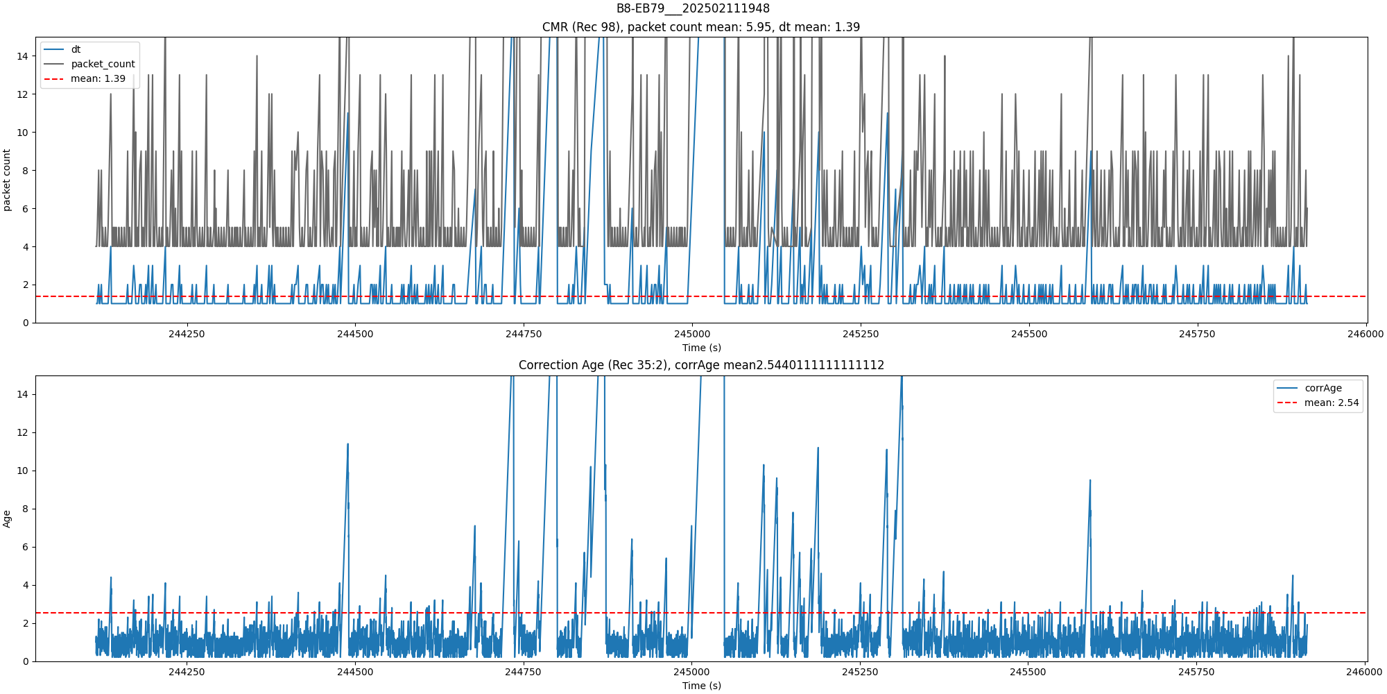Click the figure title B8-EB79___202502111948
pyautogui.click(x=693, y=8)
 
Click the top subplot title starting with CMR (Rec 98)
pyautogui.click(x=700, y=27)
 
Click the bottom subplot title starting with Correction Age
pyautogui.click(x=700, y=365)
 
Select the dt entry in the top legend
pyautogui.click(x=76, y=49)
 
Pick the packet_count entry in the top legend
pyautogui.click(x=103, y=64)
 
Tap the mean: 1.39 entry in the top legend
pyautogui.click(x=98, y=78)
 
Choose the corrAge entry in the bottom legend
pyautogui.click(x=1323, y=388)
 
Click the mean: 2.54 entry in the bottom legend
pyautogui.click(x=1331, y=403)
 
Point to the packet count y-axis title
pyautogui.click(x=7, y=180)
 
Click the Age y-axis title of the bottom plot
pyautogui.click(x=7, y=518)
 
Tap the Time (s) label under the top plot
pyautogui.click(x=701, y=348)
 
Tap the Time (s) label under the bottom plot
pyautogui.click(x=701, y=686)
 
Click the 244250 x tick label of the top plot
pyautogui.click(x=187, y=334)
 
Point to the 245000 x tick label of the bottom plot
pyautogui.click(x=691, y=672)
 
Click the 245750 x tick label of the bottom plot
pyautogui.click(x=1196, y=672)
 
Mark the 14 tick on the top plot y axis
pyautogui.click(x=24, y=56)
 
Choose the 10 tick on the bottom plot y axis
pyautogui.click(x=24, y=471)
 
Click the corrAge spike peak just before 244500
pyautogui.click(x=347, y=444)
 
